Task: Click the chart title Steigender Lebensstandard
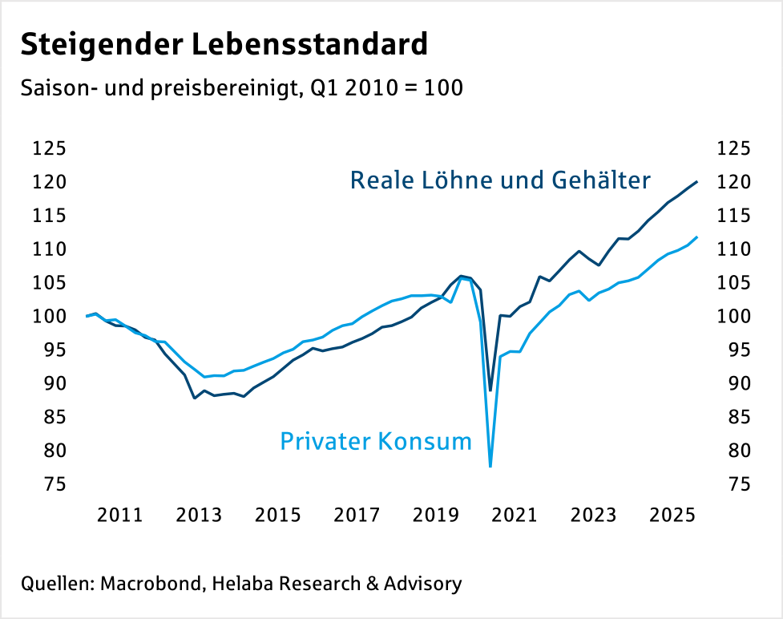224,44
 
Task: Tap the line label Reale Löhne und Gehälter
500,180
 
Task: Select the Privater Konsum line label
376,441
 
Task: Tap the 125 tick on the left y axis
50,148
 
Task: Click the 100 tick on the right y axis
733,317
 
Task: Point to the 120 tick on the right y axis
733,182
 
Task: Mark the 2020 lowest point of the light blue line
490,466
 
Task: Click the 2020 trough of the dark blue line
490,390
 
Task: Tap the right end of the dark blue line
696,182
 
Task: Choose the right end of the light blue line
696,237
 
